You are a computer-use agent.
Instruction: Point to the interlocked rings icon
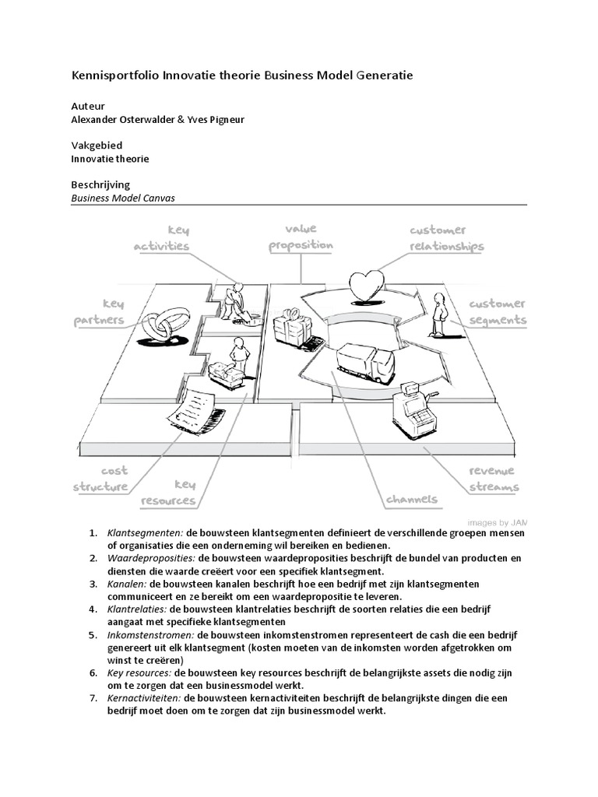click(x=164, y=325)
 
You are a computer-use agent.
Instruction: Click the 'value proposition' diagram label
click(x=301, y=237)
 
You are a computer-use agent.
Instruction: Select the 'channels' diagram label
click(x=411, y=499)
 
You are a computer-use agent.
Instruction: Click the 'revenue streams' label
click(x=493, y=479)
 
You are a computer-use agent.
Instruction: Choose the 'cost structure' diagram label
click(x=100, y=479)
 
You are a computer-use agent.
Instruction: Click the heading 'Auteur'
click(x=88, y=106)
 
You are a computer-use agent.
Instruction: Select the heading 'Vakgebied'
click(x=97, y=146)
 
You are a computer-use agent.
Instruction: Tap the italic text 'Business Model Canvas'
click(x=123, y=198)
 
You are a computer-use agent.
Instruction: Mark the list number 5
click(x=93, y=635)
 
